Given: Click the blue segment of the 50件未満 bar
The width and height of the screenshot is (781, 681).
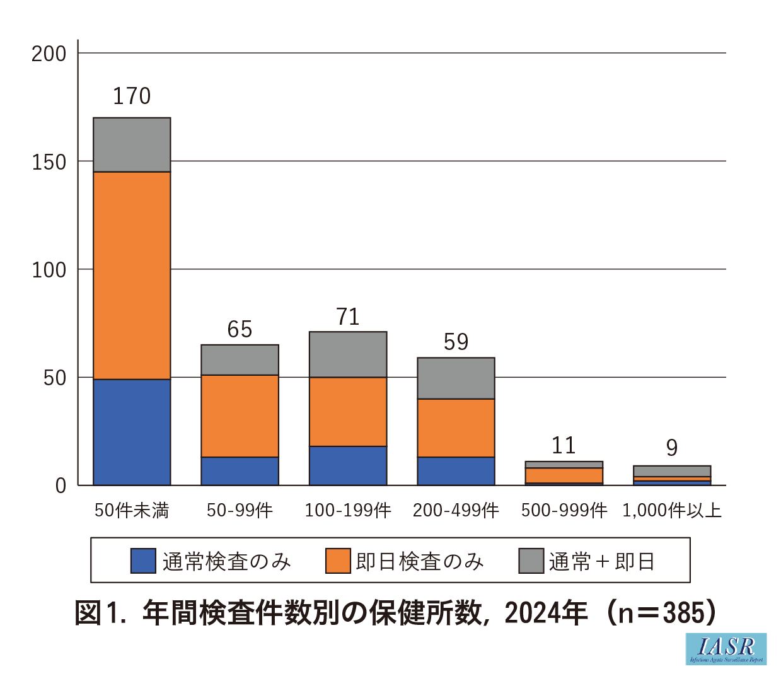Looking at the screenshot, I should tap(132, 432).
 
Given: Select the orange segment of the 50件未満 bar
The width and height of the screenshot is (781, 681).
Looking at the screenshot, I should tap(132, 276).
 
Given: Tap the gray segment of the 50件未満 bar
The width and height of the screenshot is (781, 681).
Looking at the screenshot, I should tap(132, 144).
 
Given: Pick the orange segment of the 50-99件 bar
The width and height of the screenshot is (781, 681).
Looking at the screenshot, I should tap(240, 416).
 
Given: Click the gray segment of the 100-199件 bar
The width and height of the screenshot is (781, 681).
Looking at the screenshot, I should tap(348, 354).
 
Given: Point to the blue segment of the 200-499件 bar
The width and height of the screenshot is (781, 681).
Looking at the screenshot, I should tap(456, 470).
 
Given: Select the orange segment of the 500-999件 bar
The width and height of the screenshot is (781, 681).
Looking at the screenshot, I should tap(564, 475).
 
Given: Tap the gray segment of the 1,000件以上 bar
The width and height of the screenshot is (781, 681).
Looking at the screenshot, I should tap(672, 471).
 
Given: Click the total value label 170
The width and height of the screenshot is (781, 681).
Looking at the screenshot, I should tap(132, 96).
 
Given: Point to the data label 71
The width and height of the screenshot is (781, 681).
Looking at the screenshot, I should tap(348, 317).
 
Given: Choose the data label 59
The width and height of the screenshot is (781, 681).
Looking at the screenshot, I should tap(456, 342).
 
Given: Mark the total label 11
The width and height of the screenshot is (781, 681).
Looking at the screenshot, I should tap(564, 446).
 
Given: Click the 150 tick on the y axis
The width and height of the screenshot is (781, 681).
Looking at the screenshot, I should tap(49, 162).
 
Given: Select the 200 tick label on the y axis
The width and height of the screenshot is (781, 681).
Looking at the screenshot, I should tap(49, 54).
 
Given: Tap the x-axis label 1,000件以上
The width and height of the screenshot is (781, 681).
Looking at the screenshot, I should tap(672, 510).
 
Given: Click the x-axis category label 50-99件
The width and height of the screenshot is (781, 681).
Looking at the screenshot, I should tap(240, 510).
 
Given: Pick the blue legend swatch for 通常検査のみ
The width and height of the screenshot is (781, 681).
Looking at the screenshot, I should tap(143, 561).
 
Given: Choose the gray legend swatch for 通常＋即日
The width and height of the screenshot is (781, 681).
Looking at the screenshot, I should tap(531, 561).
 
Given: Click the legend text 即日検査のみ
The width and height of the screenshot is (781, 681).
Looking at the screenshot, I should tap(420, 561).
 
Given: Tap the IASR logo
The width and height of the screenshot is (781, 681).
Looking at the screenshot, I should tap(726, 649).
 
